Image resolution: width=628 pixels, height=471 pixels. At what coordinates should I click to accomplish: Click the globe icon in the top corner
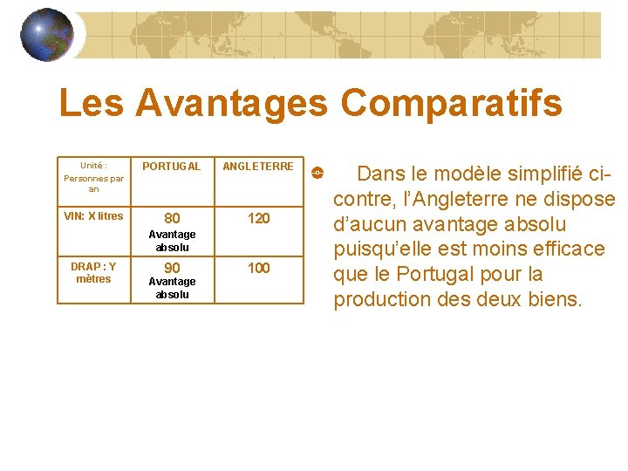[46, 35]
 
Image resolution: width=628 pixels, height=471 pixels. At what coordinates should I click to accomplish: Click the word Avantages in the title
[232, 104]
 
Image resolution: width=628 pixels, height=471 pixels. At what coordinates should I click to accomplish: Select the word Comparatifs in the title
[451, 104]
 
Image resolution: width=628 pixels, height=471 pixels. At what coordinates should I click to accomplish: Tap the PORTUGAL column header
[171, 166]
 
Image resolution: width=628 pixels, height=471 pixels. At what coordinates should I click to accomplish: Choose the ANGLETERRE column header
[258, 166]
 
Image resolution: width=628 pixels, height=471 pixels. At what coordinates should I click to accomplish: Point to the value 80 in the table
[173, 218]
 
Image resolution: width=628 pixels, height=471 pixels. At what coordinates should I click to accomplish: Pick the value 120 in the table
[259, 218]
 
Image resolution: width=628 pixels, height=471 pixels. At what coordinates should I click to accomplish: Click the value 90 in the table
[173, 268]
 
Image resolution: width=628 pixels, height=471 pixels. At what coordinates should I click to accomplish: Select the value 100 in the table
[259, 268]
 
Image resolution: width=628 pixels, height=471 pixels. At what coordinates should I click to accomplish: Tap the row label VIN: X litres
[94, 216]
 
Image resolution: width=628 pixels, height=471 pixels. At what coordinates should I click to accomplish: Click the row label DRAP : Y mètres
[93, 272]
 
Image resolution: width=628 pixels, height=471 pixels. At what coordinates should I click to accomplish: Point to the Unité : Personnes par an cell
[94, 176]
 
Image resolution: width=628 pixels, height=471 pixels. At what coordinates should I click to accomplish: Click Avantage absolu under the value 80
[173, 241]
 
